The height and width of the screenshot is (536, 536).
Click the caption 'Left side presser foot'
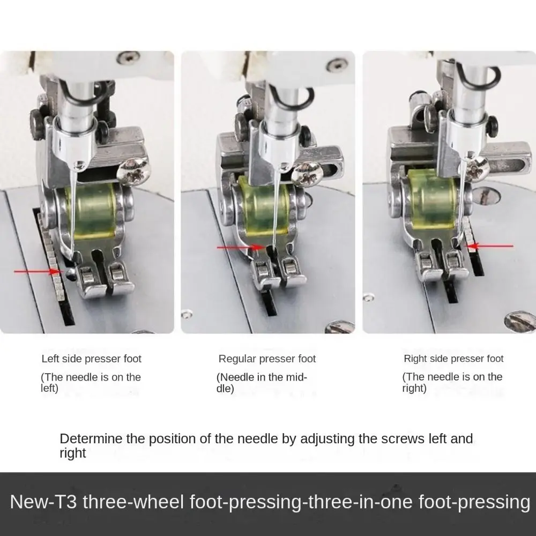point(92,359)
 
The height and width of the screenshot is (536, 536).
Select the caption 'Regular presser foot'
point(267,359)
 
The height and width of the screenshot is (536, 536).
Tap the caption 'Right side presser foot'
point(453,359)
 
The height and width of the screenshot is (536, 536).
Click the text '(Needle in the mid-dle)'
point(261,383)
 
